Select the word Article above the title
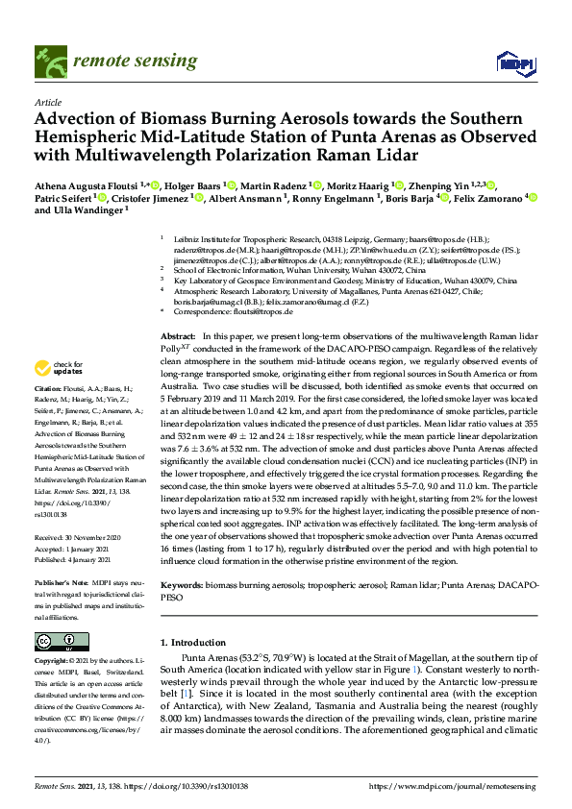pyautogui.click(x=48, y=103)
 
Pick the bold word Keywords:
pyautogui.click(x=183, y=584)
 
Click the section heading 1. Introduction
pyautogui.click(x=198, y=641)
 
